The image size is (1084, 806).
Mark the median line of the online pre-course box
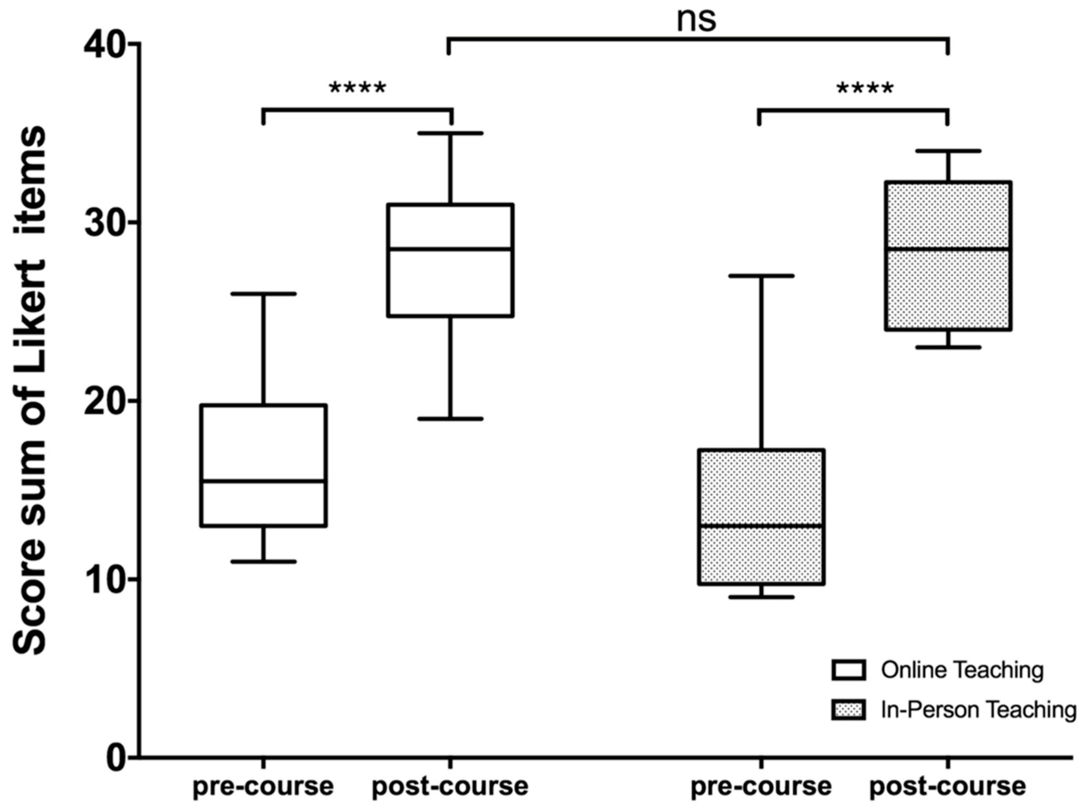(x=263, y=481)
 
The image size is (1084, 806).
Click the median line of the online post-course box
(x=451, y=249)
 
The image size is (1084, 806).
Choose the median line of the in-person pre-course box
(x=761, y=526)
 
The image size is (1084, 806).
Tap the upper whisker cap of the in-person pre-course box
(x=761, y=276)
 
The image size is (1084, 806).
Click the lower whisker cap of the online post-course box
(x=451, y=419)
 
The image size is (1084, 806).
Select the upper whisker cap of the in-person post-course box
(x=948, y=151)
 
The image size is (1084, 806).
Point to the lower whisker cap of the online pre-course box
(x=263, y=561)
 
